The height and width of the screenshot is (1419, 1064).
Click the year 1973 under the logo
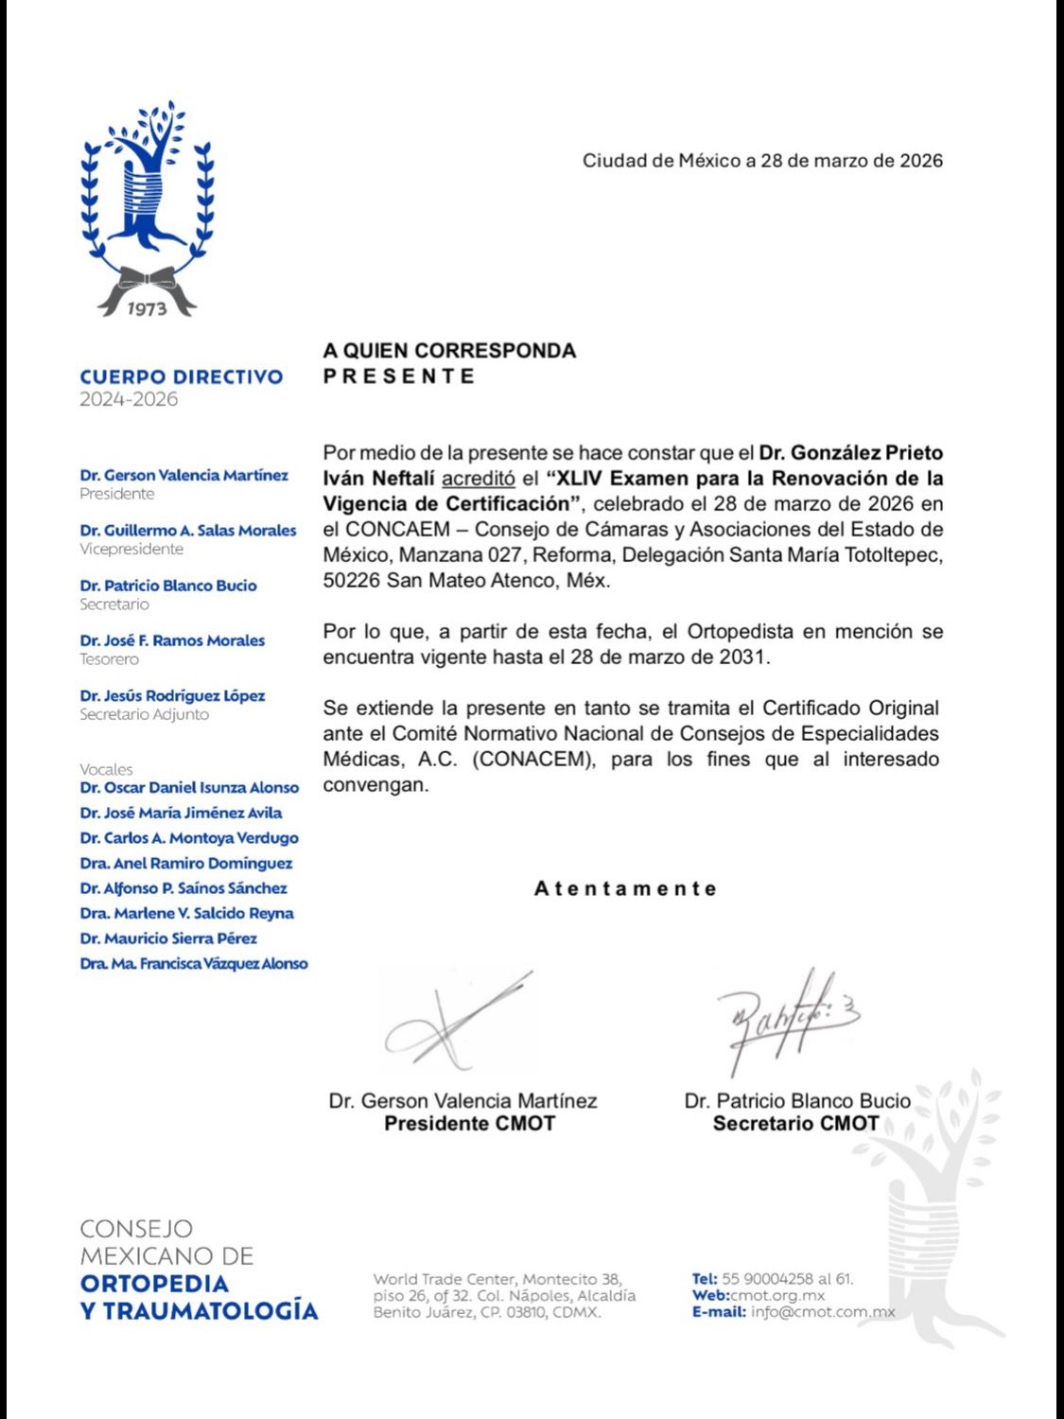[147, 308]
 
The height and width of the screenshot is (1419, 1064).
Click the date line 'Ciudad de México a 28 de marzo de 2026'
[762, 161]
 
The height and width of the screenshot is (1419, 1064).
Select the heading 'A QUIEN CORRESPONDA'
[449, 351]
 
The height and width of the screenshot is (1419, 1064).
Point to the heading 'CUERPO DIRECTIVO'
[182, 377]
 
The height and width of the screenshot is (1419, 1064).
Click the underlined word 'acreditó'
[478, 479]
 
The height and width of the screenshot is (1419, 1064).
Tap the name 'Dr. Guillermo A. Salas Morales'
[188, 531]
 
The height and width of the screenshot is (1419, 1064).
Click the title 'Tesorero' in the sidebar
[109, 659]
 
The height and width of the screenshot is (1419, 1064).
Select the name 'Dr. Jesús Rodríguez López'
[172, 696]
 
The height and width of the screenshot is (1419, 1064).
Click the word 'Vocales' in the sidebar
[106, 770]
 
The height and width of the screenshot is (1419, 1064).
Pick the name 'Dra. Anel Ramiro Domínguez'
[186, 864]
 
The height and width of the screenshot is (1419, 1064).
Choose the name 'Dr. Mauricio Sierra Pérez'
[168, 938]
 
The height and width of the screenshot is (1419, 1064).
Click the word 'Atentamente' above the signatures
[625, 889]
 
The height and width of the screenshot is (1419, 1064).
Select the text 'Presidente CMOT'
[469, 1124]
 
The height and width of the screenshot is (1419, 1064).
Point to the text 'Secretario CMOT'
[795, 1124]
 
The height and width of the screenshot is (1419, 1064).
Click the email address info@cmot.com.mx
[823, 1312]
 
